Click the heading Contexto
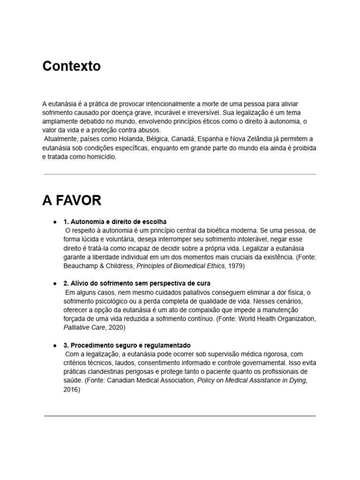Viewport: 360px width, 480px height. coord(71,66)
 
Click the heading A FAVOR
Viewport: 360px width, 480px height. coord(72,201)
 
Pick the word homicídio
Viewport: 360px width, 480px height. coord(97,157)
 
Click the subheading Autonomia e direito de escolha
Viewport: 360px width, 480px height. coord(115,221)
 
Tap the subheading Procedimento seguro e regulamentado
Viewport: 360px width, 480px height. coord(127,345)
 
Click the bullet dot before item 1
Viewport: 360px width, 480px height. coord(55,221)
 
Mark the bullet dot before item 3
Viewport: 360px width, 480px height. coord(55,345)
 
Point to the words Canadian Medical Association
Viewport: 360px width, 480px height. coord(150,381)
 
